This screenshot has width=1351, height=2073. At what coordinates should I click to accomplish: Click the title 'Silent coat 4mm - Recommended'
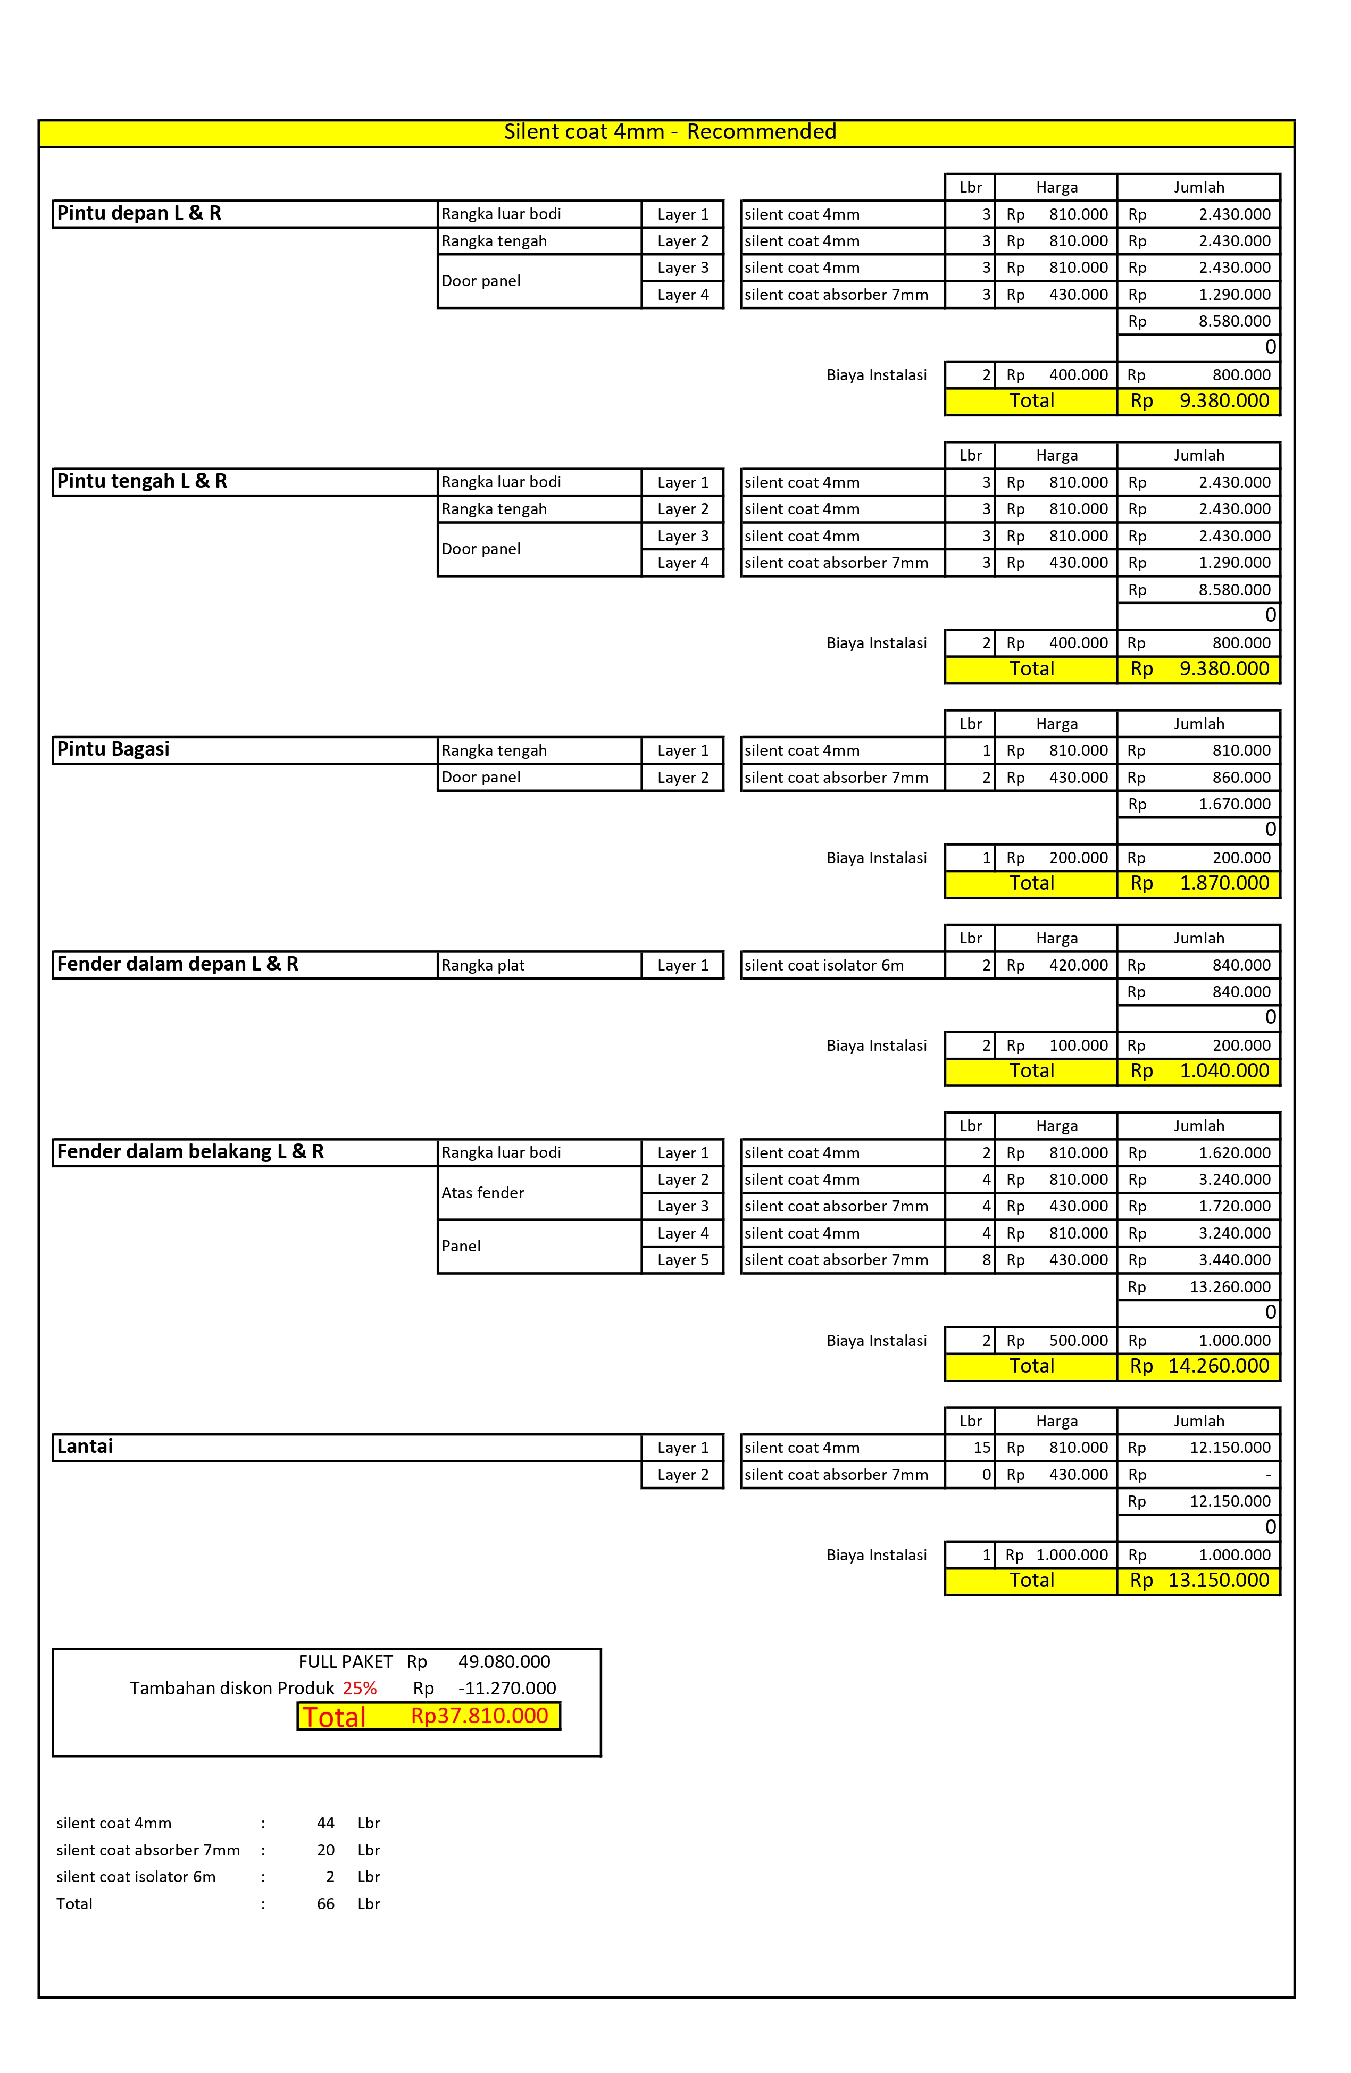pyautogui.click(x=670, y=131)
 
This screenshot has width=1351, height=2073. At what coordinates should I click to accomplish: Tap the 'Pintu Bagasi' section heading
pyautogui.click(x=113, y=749)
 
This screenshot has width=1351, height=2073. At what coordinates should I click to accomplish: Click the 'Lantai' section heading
pyautogui.click(x=85, y=1447)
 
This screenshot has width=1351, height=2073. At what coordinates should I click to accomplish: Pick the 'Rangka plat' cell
pyautogui.click(x=483, y=965)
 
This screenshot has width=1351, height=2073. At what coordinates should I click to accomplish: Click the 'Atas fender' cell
pyautogui.click(x=483, y=1192)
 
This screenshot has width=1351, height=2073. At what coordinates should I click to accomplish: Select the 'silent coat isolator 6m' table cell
pyautogui.click(x=824, y=965)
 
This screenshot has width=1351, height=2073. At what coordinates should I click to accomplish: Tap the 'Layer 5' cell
pyautogui.click(x=683, y=1259)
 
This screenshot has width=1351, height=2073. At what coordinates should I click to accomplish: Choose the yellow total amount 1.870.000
pyautogui.click(x=1224, y=883)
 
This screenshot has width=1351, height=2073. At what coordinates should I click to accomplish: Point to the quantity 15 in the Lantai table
pyautogui.click(x=982, y=1448)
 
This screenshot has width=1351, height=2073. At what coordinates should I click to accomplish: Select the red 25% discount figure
pyautogui.click(x=360, y=1688)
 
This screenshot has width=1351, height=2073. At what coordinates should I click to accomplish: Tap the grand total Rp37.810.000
pyautogui.click(x=479, y=1716)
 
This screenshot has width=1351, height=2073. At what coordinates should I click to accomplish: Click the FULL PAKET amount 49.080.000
pyautogui.click(x=504, y=1661)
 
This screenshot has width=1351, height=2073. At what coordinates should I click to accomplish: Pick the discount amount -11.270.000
pyautogui.click(x=507, y=1688)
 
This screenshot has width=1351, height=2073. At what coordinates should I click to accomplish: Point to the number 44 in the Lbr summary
pyautogui.click(x=326, y=1823)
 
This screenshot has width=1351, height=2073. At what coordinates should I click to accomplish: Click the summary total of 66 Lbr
pyautogui.click(x=326, y=1903)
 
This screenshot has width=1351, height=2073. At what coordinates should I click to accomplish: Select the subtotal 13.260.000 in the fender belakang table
pyautogui.click(x=1230, y=1286)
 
